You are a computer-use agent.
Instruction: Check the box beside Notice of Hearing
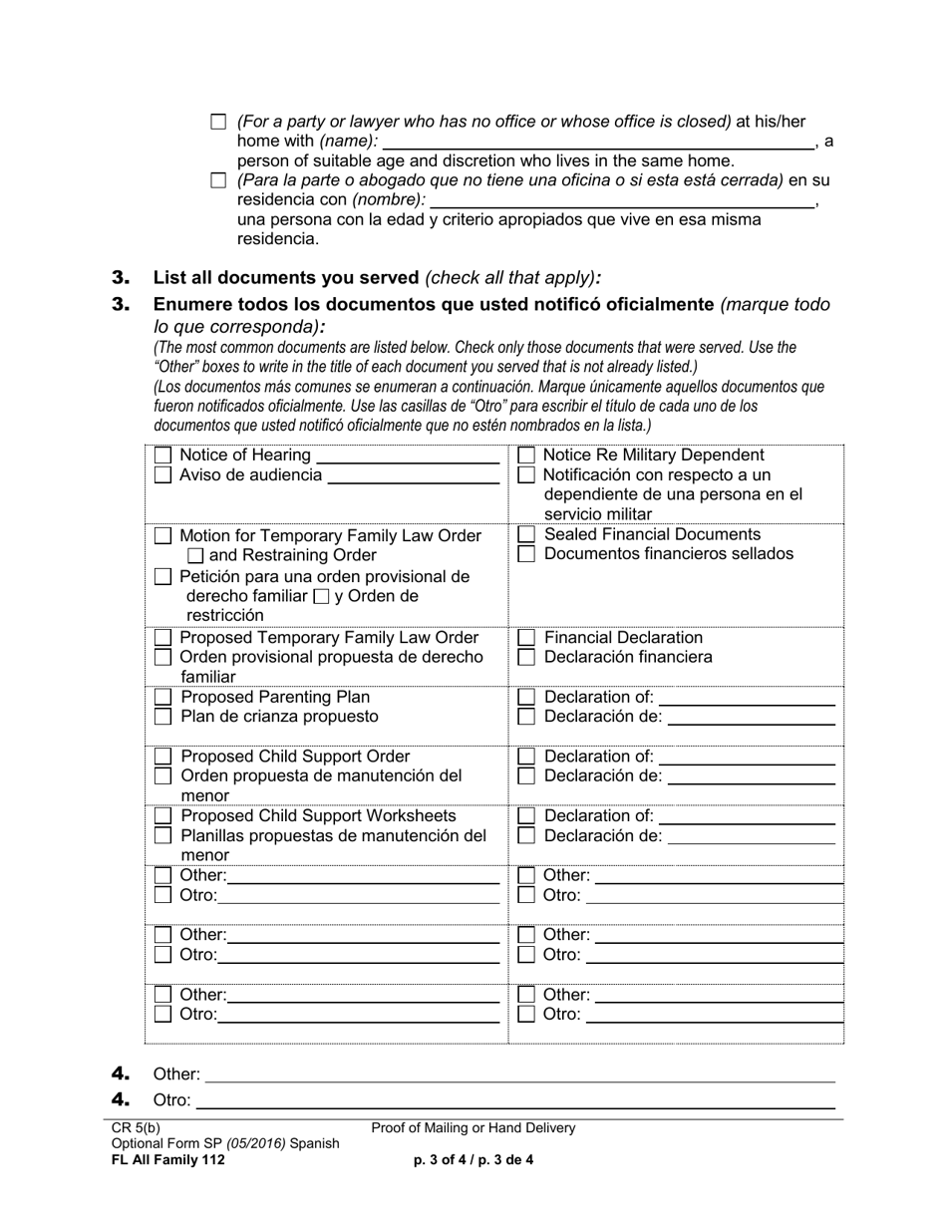pos(162,456)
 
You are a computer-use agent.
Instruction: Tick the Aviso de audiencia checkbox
pos(162,475)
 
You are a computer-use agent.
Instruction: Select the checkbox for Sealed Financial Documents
pos(527,535)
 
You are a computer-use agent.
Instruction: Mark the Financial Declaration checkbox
pos(527,638)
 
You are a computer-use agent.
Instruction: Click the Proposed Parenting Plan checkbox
pos(162,697)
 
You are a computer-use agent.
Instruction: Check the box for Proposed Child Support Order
pos(162,757)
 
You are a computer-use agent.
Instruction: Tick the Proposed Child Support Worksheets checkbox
pos(162,816)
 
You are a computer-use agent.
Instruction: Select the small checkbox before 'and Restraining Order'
pos(196,556)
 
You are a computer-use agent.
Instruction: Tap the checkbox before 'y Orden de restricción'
pos(321,597)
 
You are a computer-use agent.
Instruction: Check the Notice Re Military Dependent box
pos(527,456)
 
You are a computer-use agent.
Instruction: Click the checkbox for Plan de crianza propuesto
pos(162,717)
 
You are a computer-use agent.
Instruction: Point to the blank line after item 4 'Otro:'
pos(516,1101)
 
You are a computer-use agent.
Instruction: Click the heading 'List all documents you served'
pos(286,278)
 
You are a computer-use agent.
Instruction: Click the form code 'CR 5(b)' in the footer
pos(136,1128)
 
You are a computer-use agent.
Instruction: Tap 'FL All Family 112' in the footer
pos(168,1159)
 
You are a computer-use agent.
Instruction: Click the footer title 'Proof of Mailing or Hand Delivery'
pos(473,1128)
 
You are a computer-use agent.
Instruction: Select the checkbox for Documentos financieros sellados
pos(527,554)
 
